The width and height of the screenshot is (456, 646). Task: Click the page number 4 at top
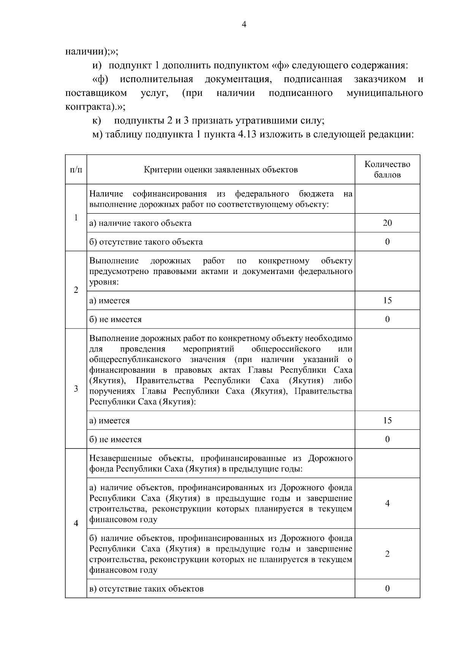point(244,25)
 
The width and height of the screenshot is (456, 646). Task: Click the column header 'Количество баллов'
point(387,169)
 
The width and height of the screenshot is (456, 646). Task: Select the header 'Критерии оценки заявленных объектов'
point(220,170)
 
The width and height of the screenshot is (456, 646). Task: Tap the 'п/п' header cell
point(76,170)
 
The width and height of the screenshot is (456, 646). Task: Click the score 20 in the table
point(387,223)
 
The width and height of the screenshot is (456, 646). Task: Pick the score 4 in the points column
point(387,504)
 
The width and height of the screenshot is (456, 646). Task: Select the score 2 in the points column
point(387,554)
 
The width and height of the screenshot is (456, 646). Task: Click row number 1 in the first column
point(76,218)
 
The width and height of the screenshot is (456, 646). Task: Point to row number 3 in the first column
point(76,389)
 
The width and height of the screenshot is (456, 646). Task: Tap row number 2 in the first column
point(76,290)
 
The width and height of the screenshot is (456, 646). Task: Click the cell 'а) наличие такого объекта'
point(141,223)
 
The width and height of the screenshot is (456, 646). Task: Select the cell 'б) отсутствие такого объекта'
point(146,242)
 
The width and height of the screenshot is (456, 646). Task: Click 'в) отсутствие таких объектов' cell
point(147,589)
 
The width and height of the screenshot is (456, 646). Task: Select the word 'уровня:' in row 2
point(104,282)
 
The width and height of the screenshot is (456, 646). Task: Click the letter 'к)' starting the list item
point(97,121)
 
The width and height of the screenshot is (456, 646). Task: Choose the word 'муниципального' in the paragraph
point(384,93)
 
